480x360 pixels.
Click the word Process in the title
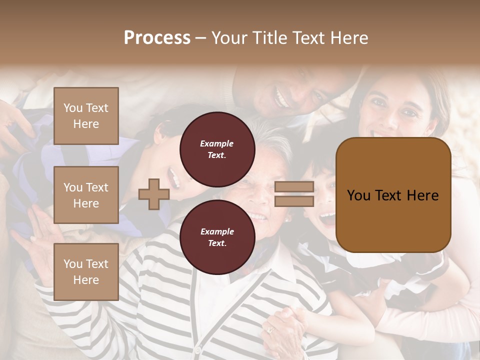click(157, 37)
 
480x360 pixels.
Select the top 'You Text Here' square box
click(86, 116)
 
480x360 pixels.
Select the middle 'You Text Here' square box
click(86, 195)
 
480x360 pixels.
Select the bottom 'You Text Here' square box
click(86, 271)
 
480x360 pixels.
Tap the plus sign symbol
click(153, 194)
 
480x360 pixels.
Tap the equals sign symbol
click(294, 194)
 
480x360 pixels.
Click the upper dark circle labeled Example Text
click(217, 149)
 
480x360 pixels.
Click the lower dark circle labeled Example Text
click(217, 237)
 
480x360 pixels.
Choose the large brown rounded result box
click(393, 195)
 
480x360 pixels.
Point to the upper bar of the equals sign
click(294, 186)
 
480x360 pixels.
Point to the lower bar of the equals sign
click(294, 201)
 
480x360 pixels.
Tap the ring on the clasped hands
click(270, 330)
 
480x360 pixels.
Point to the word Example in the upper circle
click(217, 143)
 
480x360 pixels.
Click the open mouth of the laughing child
click(327, 217)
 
